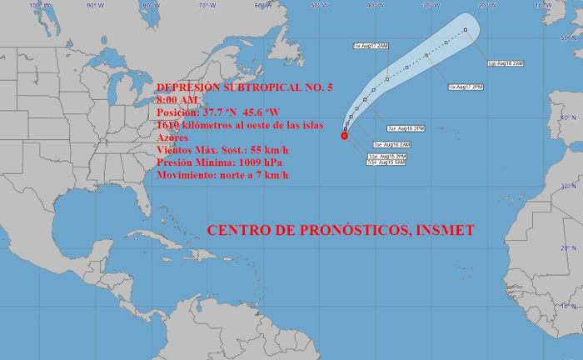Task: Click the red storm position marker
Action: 344,136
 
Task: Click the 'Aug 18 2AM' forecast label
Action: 506,63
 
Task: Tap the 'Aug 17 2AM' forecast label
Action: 370,45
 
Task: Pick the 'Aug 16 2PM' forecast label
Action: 406,128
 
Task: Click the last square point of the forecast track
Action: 466,30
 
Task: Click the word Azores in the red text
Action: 172,137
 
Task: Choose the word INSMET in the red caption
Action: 446,229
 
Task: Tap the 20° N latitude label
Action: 570,247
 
